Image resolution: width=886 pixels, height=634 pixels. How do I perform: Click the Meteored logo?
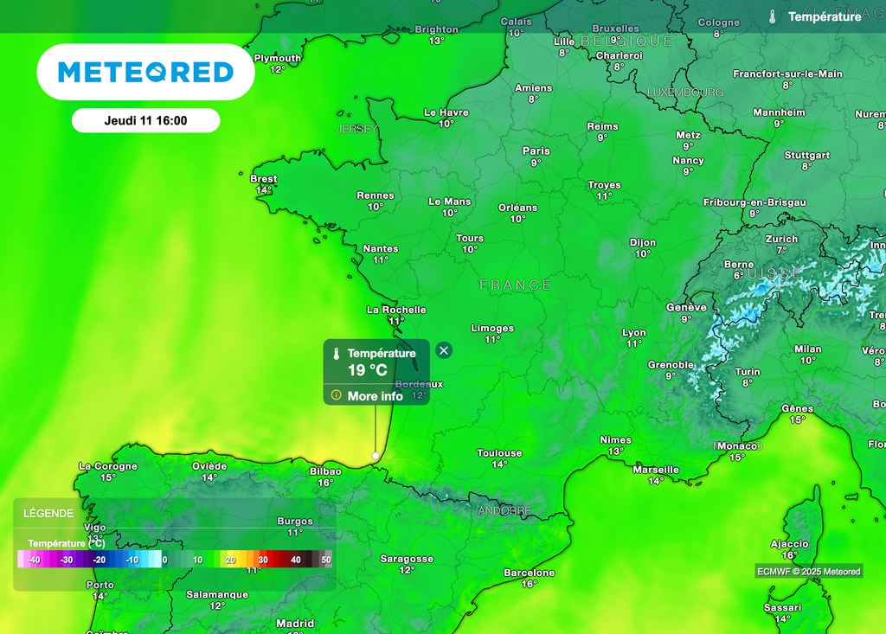[145, 72]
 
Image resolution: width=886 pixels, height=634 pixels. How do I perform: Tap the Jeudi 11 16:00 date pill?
[145, 120]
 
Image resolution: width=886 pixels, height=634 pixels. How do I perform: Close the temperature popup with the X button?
[444, 350]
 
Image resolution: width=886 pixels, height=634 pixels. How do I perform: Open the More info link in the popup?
[375, 396]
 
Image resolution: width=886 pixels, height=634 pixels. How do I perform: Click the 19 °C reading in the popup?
[368, 370]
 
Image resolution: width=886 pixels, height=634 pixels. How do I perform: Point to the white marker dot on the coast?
[376, 455]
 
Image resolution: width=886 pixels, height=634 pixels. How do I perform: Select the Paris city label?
[536, 151]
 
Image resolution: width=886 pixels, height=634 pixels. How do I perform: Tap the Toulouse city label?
[499, 453]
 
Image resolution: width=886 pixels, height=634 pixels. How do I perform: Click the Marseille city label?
[656, 470]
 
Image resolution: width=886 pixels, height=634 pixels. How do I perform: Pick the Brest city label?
[263, 179]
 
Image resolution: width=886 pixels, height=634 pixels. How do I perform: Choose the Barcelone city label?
[529, 573]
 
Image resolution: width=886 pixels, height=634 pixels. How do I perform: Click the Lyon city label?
[634, 333]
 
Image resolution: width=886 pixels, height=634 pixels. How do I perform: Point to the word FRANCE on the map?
[516, 285]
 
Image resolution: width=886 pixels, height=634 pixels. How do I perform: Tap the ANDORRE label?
[504, 511]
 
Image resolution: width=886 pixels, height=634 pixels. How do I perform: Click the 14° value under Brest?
[263, 190]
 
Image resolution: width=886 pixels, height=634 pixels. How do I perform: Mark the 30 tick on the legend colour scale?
[263, 560]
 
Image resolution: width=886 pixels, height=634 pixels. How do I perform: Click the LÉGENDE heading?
[48, 513]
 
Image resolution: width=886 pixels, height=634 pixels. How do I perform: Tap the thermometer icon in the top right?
[773, 16]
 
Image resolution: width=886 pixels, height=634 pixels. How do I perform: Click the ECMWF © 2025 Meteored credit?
[808, 572]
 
